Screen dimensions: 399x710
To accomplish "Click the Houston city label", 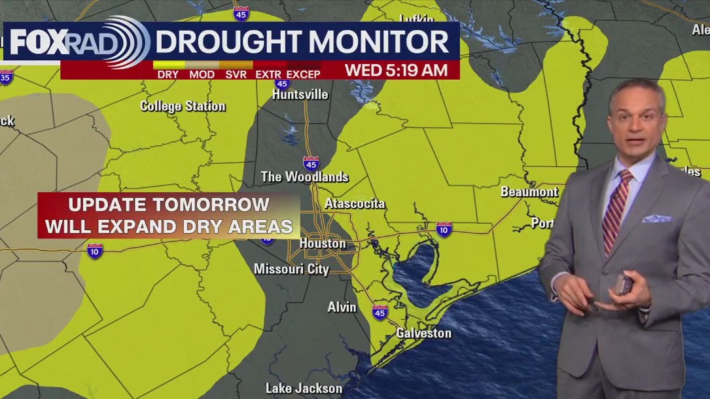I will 323,243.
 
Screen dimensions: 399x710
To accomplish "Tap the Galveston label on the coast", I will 423,333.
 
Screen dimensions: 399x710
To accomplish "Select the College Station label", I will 183,106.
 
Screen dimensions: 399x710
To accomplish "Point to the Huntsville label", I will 300,94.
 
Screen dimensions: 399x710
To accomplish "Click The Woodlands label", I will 304,177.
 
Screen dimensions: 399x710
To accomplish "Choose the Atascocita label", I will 355,203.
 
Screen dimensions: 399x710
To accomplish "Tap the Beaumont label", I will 529,192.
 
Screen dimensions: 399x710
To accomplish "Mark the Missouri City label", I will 291,269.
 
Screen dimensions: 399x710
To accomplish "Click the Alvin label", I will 342,307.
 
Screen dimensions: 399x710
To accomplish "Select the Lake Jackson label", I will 304,388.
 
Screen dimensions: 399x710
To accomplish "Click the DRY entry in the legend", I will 168,75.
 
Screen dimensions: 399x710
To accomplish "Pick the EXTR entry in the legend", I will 268,75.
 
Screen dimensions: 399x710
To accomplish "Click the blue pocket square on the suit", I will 656,218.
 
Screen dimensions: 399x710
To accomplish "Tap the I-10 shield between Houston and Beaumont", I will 444,230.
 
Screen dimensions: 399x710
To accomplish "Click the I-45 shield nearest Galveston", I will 380,311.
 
